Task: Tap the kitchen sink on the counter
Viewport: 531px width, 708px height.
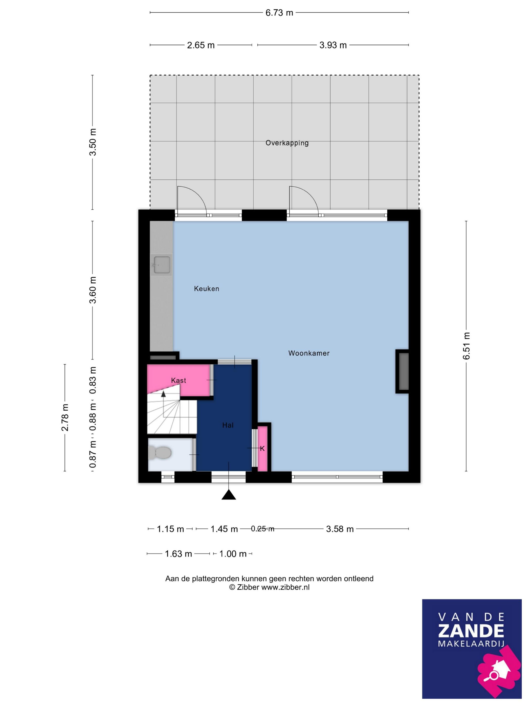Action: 161,265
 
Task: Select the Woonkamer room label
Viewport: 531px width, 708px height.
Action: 309,353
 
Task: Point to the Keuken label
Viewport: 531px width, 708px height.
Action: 206,289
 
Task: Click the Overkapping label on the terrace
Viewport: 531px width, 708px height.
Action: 287,143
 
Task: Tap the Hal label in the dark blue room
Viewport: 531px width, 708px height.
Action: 228,425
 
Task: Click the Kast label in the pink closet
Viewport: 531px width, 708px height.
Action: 179,381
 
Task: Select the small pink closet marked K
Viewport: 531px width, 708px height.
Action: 262,448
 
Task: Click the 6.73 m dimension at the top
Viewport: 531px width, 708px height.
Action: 279,13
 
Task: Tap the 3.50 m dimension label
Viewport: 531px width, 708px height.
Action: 93,142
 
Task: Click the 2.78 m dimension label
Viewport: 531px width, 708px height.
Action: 65,417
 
